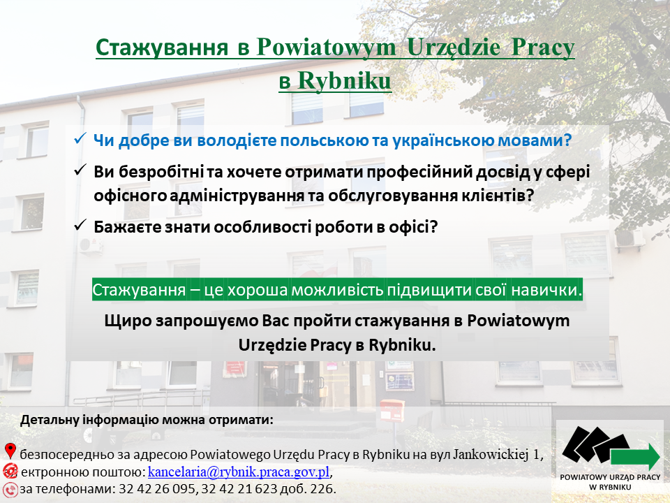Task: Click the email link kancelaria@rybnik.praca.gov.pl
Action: [239, 472]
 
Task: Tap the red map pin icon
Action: [10, 451]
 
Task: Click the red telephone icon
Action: [10, 489]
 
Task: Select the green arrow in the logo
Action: [635, 457]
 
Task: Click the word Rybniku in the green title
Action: [344, 80]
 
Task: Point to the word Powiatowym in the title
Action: [327, 47]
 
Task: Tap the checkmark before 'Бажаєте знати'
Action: [80, 226]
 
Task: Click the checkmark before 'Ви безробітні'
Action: [80, 170]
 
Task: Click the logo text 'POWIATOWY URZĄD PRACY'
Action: [610, 477]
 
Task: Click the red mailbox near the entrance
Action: [392, 410]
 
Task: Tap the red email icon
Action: [10, 471]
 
